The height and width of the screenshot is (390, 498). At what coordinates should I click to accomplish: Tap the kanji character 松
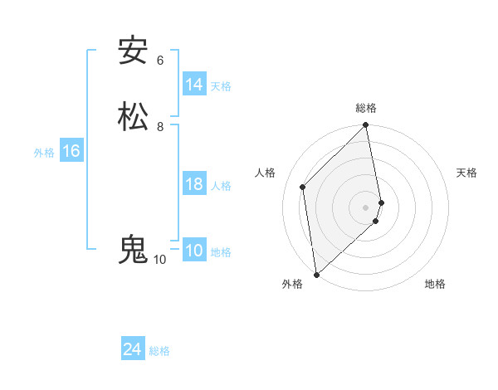134,116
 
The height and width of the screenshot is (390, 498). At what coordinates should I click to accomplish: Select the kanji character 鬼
133,249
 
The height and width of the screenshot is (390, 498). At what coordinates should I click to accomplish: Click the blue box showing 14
194,85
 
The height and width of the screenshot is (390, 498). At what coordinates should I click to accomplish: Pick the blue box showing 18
194,184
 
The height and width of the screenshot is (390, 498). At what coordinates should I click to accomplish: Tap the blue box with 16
71,151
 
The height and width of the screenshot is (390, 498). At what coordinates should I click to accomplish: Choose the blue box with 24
133,349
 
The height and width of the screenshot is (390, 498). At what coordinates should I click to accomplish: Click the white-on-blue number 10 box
194,251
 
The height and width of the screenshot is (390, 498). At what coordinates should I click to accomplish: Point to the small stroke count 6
160,61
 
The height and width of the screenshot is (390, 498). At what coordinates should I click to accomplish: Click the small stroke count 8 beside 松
160,127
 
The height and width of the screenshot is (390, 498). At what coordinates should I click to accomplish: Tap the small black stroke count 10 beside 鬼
159,260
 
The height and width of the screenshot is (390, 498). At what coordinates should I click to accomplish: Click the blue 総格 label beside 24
159,351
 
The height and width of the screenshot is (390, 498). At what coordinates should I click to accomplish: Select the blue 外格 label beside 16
44,153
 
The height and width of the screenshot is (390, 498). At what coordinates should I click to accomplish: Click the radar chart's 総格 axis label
366,108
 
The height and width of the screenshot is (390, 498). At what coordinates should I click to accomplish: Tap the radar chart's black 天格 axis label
467,173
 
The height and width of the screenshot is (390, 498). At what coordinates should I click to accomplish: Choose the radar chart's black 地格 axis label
435,284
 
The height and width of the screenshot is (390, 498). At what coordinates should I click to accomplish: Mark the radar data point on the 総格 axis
366,126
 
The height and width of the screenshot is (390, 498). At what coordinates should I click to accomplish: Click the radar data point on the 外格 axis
316,275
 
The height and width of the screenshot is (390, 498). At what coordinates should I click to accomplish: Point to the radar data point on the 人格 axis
303,187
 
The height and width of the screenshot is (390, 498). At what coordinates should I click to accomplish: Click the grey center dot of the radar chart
366,207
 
